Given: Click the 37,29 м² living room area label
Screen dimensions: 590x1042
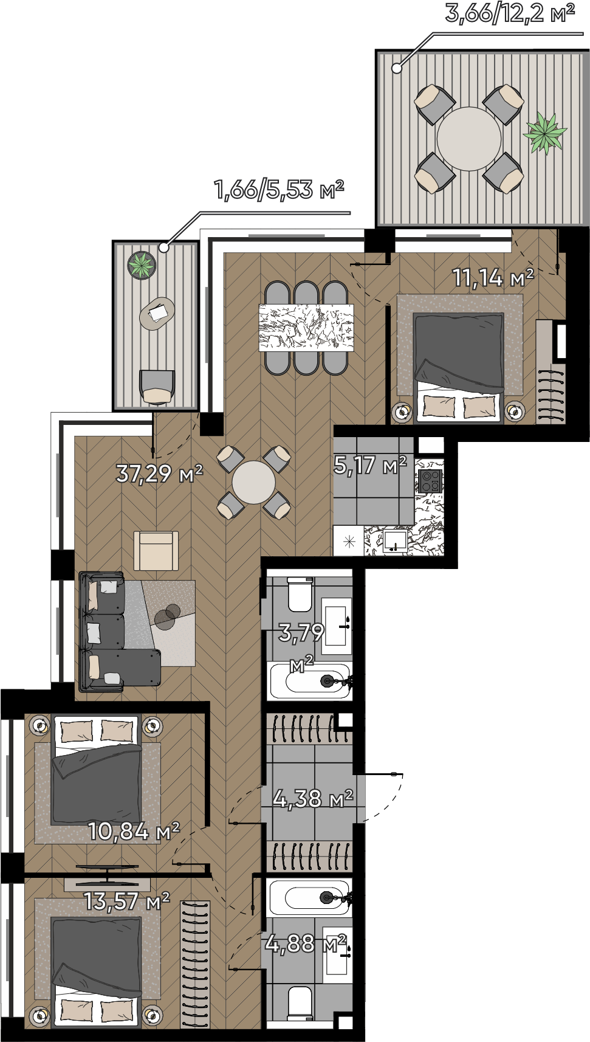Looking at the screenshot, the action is (x=159, y=474).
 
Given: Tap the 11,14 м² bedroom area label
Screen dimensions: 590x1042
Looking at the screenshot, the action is (x=493, y=278).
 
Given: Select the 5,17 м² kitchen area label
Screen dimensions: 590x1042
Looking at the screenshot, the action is (x=371, y=464).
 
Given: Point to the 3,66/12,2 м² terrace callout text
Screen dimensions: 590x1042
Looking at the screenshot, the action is (x=510, y=13).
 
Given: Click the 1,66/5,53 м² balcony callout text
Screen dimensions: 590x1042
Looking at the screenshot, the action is (x=279, y=190).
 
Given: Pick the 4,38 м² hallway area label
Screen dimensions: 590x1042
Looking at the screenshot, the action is (x=313, y=798).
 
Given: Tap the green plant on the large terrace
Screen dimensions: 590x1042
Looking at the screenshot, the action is (x=544, y=131).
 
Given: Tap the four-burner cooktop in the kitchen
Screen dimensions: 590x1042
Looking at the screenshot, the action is (x=430, y=481).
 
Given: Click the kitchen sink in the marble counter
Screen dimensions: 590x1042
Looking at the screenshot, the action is (x=395, y=540).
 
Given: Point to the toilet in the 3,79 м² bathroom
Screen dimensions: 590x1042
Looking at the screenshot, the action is (x=300, y=594).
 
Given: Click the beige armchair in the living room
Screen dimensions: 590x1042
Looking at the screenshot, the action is (x=156, y=551).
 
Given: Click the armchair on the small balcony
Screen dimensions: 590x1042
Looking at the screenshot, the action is (x=157, y=387).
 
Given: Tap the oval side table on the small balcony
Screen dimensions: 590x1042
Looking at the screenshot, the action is (x=157, y=314).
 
